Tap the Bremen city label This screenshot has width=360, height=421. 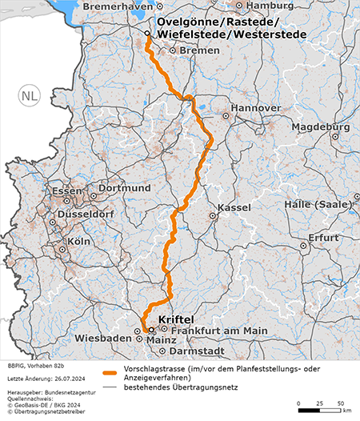click(199, 50)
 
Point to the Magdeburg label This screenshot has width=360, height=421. click(321, 127)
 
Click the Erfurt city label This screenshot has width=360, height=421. click(324, 238)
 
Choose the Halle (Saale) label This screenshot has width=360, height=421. click(323, 205)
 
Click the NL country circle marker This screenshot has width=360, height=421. click(29, 96)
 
